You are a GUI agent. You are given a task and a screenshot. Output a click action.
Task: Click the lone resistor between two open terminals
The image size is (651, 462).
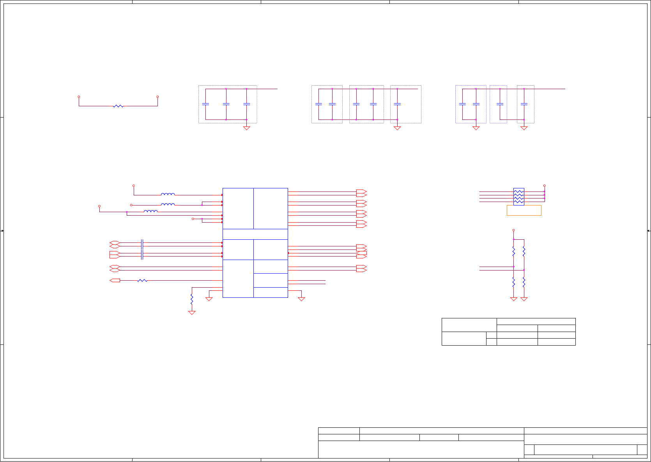point(118,106)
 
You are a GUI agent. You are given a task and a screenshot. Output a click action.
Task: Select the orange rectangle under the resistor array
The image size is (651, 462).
point(524,210)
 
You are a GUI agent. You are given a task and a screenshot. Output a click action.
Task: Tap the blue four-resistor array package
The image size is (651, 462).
point(519,197)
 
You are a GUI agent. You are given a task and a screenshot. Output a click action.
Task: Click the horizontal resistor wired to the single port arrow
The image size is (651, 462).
point(142,280)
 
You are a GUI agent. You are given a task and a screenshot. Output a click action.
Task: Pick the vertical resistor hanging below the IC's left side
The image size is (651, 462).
point(192,299)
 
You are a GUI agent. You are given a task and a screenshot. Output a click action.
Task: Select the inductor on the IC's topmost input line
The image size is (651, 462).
point(168,194)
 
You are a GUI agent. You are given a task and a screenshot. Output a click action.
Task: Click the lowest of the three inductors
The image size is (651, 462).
point(151,211)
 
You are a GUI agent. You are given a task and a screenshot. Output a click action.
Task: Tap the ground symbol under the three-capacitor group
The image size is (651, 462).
point(246,128)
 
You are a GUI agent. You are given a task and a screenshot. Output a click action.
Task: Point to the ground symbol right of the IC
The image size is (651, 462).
point(301,299)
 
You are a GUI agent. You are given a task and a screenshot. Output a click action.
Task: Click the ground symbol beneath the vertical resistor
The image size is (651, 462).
point(192,313)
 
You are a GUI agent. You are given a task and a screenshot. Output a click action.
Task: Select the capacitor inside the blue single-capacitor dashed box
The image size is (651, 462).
point(500,104)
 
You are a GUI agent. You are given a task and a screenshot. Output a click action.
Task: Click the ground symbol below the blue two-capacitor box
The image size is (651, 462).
point(476,128)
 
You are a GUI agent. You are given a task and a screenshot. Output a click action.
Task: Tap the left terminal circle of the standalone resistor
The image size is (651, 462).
point(79,97)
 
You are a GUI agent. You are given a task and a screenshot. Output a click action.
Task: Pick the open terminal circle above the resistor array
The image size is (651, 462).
point(545,186)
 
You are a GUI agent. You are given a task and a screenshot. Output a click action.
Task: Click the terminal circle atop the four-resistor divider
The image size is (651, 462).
point(514,230)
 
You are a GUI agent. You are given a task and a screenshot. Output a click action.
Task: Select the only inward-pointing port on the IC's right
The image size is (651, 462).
point(362,253)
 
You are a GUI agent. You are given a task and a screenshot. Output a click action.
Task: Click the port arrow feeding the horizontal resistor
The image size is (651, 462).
point(115,280)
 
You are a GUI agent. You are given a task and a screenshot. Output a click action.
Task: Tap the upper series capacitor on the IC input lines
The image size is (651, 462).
point(142,244)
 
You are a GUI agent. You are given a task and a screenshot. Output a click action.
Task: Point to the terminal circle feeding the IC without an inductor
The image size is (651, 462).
point(193,219)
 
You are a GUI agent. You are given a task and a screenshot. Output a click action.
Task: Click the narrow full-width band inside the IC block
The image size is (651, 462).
point(255,234)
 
